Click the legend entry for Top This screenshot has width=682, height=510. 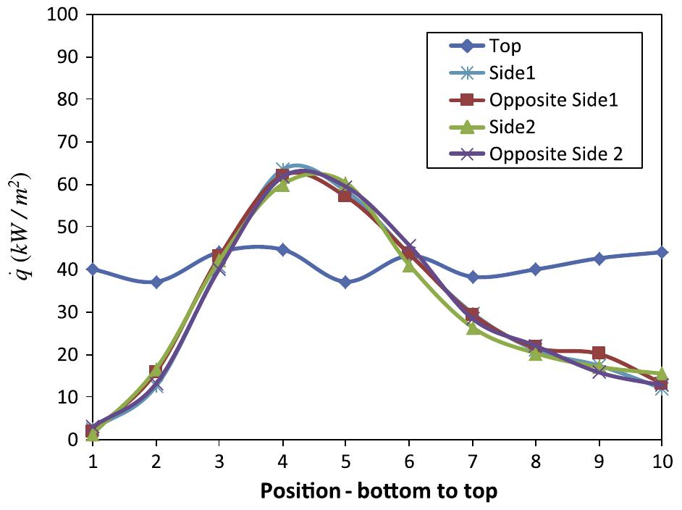click(505, 47)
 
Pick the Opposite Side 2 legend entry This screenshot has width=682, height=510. click(555, 154)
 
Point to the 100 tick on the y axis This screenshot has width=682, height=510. click(62, 14)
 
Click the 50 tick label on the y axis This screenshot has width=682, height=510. click(67, 227)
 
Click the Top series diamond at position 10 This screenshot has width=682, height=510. click(662, 252)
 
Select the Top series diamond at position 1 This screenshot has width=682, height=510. click(92, 269)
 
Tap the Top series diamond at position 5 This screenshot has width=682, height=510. click(345, 282)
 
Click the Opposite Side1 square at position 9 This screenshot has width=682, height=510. click(599, 353)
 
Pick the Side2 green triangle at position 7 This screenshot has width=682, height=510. click(472, 328)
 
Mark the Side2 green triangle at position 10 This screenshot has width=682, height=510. click(662, 373)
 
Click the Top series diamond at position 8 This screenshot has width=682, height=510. click(535, 269)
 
